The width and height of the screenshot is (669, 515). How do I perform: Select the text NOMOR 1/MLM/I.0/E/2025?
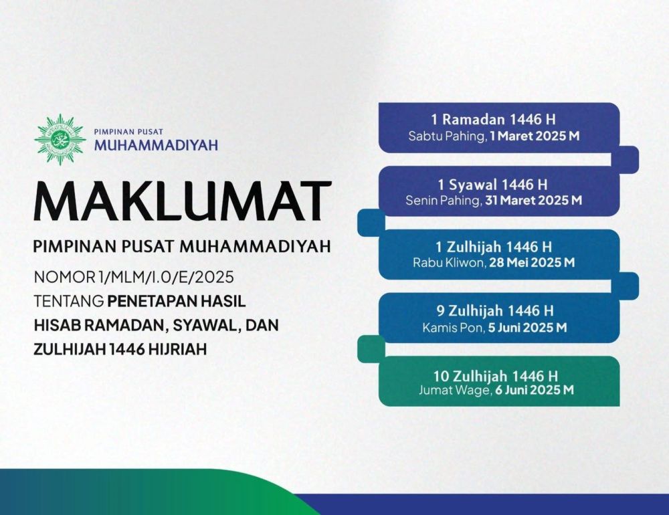click(x=134, y=278)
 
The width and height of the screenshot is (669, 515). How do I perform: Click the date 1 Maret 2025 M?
click(x=535, y=136)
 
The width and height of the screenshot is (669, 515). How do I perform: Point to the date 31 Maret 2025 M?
click(x=533, y=200)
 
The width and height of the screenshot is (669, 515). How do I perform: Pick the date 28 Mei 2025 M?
click(x=532, y=262)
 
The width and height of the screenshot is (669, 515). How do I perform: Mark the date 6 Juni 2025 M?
click(x=534, y=389)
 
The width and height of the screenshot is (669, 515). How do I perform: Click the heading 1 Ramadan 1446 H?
click(x=493, y=119)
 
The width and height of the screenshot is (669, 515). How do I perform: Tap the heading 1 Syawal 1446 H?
click(x=492, y=185)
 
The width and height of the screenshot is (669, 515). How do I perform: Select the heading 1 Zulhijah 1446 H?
click(x=493, y=247)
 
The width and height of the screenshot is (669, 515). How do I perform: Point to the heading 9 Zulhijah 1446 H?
click(x=495, y=310)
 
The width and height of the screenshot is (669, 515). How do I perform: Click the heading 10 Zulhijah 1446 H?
click(x=495, y=376)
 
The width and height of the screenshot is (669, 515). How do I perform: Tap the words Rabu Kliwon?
click(x=449, y=262)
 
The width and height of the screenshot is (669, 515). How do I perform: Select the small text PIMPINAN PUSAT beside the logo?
click(x=128, y=132)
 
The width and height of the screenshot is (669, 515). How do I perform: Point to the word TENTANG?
click(x=69, y=301)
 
